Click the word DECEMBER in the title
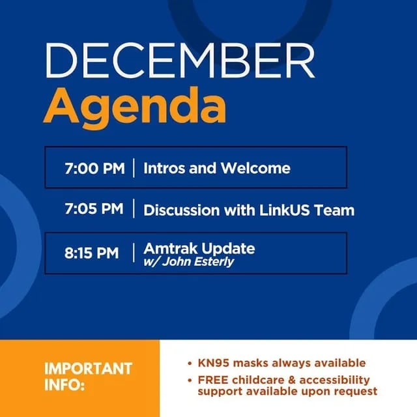(x=180, y=60)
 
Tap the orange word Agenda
(x=135, y=107)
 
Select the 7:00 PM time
(x=94, y=168)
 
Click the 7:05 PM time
(x=94, y=208)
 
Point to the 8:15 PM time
(x=92, y=253)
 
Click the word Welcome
(x=255, y=168)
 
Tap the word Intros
(x=164, y=168)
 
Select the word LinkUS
(x=285, y=210)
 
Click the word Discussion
(x=182, y=210)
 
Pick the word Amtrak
(x=171, y=248)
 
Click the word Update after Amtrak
(x=228, y=249)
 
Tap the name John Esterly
(x=198, y=262)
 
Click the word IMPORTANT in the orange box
(x=89, y=369)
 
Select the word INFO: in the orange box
(x=65, y=384)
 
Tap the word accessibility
(x=334, y=381)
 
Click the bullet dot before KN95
(x=190, y=364)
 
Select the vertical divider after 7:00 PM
(x=134, y=168)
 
